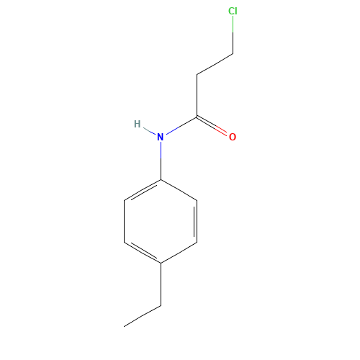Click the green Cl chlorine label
pos(233,12)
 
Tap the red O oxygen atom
pos(233,136)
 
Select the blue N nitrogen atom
pos(161,136)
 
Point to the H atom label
pos(137,124)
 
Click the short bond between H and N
pos(149,130)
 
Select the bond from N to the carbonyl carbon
pos(179,126)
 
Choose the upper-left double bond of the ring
pos(143,189)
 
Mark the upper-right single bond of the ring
pos(179,189)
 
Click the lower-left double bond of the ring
pos(143,252)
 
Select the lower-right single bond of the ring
pos(179,252)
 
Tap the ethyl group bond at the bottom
pos(143,315)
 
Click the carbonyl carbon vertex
pos(197,116)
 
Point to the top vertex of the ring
pos(161,179)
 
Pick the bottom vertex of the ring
pos(161,263)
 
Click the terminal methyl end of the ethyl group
pos(125,326)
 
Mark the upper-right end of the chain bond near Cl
pos(233,53)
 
